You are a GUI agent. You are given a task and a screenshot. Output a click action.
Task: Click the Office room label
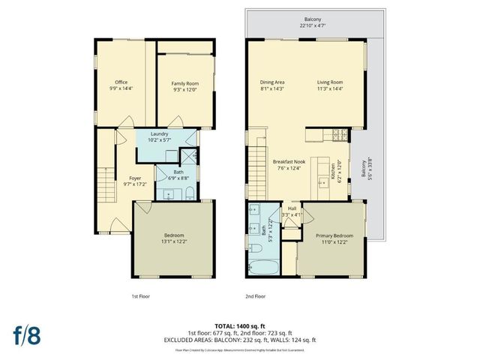121,82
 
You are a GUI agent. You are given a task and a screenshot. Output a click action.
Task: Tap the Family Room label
184,83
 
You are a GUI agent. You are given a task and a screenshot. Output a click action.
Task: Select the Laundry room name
169,133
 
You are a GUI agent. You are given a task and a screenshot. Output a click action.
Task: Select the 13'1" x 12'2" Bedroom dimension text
172,240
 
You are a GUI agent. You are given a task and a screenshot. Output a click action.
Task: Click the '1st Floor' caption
140,296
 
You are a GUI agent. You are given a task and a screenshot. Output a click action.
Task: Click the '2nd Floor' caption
256,296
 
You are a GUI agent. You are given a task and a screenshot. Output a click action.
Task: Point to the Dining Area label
272,82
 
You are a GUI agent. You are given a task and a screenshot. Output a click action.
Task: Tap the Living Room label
330,82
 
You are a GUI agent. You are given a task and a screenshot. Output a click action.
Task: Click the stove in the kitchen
337,135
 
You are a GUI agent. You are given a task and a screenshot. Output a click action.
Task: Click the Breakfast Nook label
288,162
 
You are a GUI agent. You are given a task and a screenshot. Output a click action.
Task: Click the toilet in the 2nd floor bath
256,247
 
